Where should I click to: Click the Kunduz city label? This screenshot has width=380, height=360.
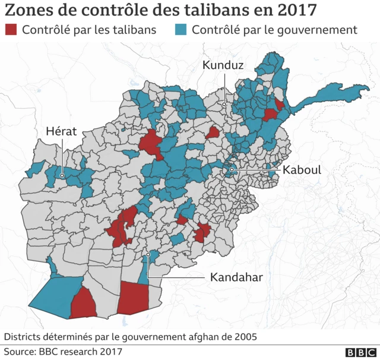(x=223, y=66)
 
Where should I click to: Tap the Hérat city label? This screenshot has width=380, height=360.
(x=62, y=131)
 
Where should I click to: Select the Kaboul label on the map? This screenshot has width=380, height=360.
(x=302, y=170)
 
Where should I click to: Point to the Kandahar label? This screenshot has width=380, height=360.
(x=236, y=277)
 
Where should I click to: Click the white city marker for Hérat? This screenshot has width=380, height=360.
(x=62, y=176)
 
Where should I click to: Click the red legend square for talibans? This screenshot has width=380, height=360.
(x=11, y=30)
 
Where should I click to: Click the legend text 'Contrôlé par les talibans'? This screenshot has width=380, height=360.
(x=89, y=30)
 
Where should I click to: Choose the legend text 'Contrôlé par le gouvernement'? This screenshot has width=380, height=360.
(x=275, y=30)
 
